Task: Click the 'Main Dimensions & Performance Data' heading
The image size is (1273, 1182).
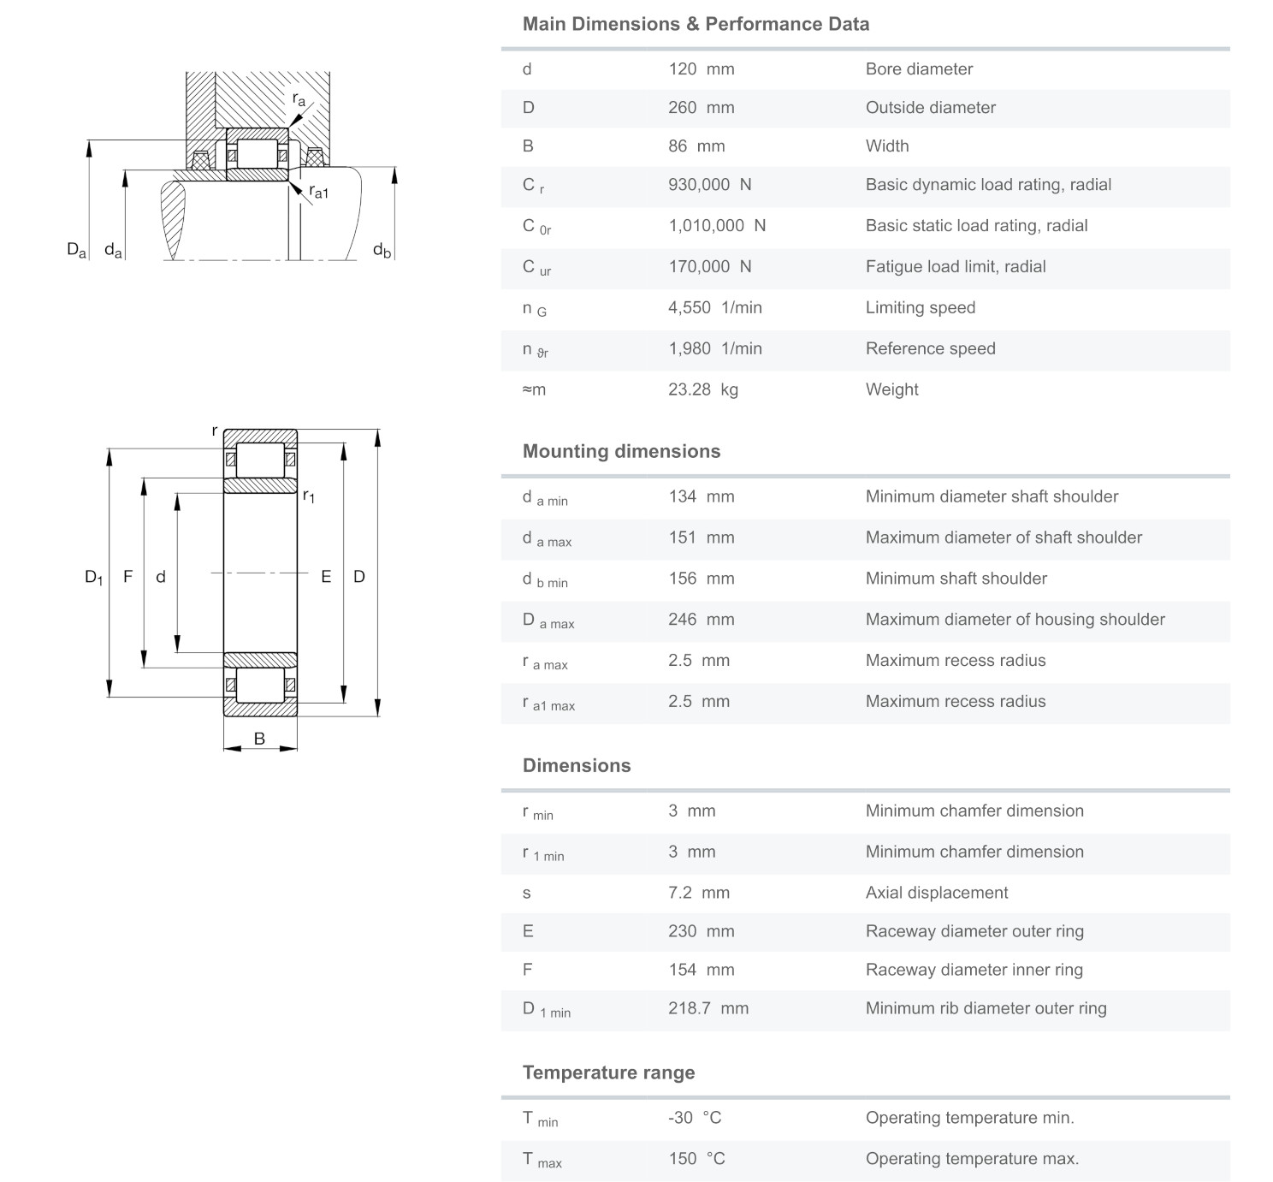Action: coord(696,24)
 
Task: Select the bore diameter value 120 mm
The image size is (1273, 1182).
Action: coord(701,69)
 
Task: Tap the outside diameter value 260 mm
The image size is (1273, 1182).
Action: coord(701,108)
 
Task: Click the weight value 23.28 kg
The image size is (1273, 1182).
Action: coord(702,389)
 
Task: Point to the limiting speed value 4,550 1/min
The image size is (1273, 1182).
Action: coord(714,307)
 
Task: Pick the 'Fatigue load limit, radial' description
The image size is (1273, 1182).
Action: coord(955,266)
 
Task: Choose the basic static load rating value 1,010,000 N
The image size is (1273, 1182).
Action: coord(716,225)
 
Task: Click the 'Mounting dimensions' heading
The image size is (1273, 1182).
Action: coord(621,451)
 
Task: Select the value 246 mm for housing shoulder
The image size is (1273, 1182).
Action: coord(701,619)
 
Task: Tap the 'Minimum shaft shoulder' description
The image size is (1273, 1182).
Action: coord(956,578)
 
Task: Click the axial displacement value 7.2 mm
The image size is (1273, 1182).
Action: coord(698,893)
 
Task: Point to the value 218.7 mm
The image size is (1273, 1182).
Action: coord(708,1008)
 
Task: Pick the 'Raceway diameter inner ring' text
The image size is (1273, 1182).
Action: coord(974,970)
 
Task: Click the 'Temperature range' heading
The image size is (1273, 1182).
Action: coord(608,1072)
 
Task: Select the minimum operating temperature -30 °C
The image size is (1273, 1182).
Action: coord(695,1118)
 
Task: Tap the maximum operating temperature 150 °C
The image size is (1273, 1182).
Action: coord(696,1159)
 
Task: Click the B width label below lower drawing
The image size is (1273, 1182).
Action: coord(259,739)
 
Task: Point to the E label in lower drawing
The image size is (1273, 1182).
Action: coord(326,577)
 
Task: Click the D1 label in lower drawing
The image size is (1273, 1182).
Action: coord(93,577)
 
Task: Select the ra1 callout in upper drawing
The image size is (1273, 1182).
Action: coord(318,193)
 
